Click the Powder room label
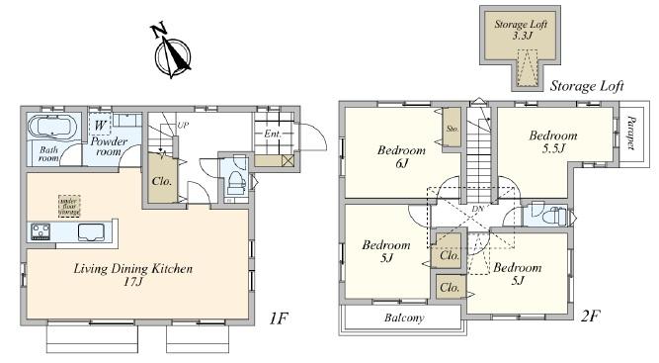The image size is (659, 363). (110, 147)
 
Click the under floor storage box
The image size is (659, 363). (68, 205)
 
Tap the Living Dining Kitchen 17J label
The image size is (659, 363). (130, 275)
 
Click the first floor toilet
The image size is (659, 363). (234, 182)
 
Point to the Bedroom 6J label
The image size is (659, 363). (402, 156)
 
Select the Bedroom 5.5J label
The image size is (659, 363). (552, 142)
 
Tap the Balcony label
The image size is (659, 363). (403, 318)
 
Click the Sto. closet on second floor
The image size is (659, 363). (452, 129)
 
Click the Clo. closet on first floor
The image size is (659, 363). (163, 181)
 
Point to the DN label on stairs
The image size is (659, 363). (477, 209)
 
